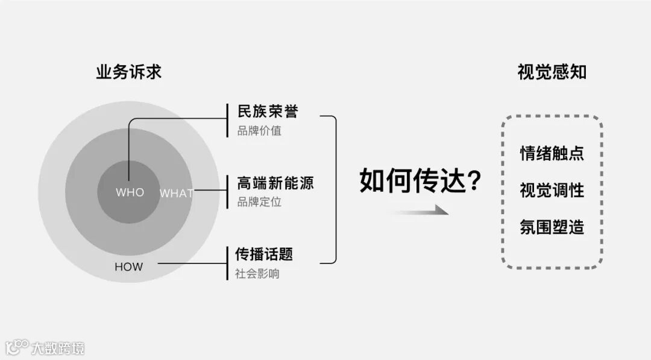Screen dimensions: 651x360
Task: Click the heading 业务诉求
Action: pos(129,73)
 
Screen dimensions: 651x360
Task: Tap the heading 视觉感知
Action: pos(552,73)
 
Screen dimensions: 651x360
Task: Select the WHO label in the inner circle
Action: pos(130,192)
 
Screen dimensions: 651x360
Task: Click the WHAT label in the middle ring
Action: pos(176,194)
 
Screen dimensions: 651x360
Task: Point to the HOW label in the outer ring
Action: pos(129,266)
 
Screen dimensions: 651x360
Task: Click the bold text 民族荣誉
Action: pos(268,112)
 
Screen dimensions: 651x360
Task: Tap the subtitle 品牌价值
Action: pos(259,130)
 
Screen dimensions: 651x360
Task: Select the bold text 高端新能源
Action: pos(276,183)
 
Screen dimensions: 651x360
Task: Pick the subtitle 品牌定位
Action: pos(259,201)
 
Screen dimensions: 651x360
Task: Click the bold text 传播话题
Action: pos(264,254)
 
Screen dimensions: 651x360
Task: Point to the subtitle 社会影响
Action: pos(257,273)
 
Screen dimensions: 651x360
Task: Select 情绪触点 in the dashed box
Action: pos(552,153)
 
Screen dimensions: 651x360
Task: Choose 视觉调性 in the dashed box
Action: pos(552,190)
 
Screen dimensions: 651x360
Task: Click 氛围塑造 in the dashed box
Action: pos(552,227)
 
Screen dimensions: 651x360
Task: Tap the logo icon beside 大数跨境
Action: pos(17,347)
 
